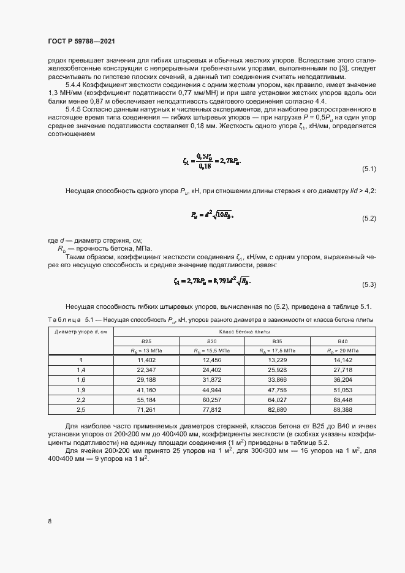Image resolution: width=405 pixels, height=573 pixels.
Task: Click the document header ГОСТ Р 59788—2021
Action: coord(81,41)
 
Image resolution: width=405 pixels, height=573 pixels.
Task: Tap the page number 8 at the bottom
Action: coord(50,522)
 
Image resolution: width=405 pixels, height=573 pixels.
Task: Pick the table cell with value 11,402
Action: coord(147,360)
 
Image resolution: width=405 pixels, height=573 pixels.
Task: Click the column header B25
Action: coord(147,341)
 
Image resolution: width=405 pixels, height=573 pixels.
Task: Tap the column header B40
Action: coord(343,341)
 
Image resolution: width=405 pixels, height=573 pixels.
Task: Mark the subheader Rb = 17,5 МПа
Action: coord(277,351)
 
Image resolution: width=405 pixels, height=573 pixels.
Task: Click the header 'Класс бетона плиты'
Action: coord(244,332)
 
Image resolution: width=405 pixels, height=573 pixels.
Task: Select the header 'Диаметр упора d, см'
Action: coord(80,332)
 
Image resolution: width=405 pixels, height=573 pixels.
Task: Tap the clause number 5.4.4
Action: coord(75,85)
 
